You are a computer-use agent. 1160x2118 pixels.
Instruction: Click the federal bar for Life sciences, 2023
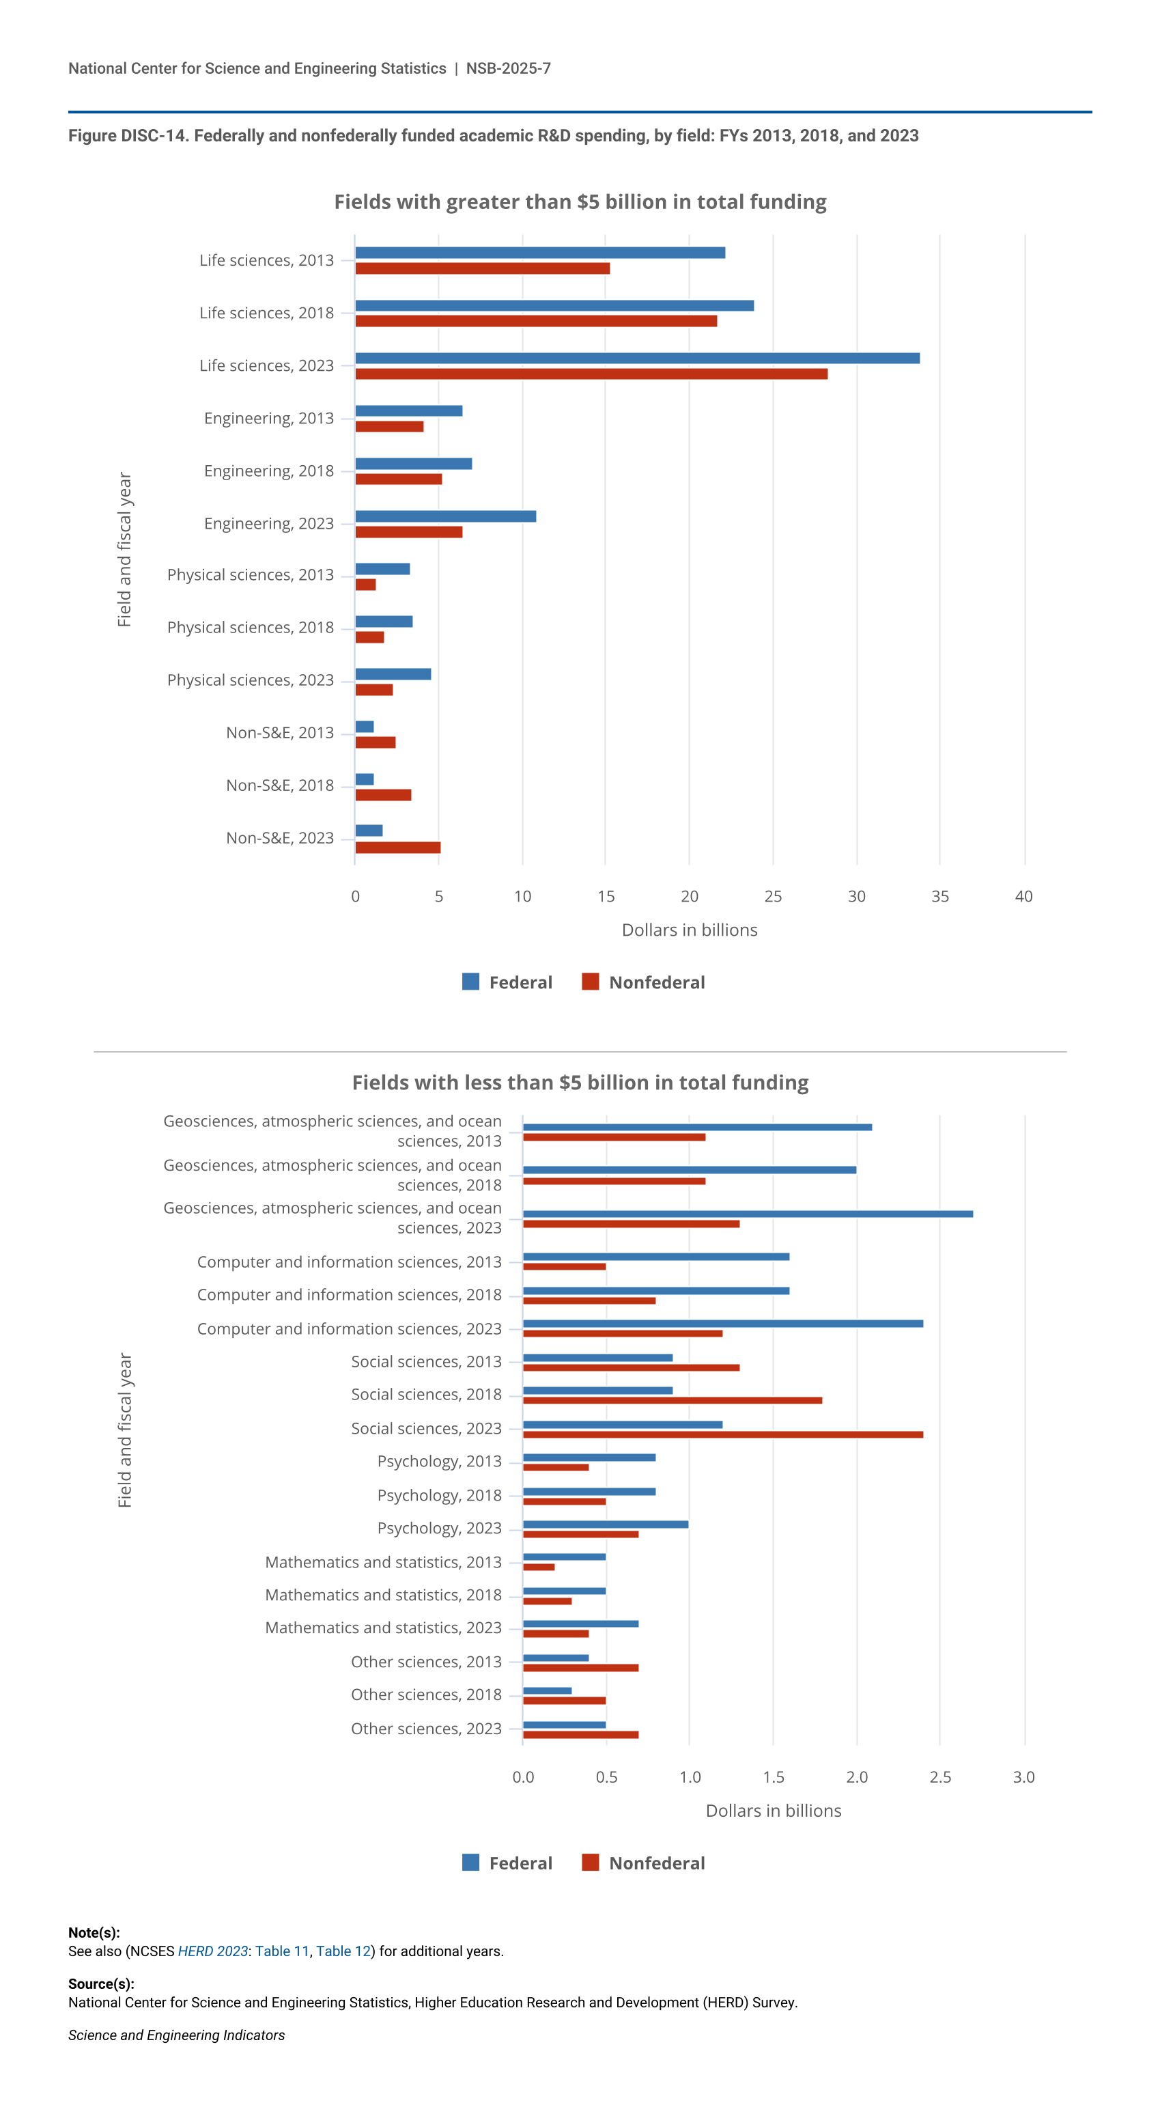click(637, 359)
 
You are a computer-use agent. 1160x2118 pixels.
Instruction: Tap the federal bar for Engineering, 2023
click(446, 516)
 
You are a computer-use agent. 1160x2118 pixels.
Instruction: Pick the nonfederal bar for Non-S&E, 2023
click(398, 848)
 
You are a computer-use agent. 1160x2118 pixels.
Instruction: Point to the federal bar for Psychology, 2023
click(606, 1524)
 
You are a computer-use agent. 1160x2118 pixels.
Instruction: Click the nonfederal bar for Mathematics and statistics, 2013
click(539, 1567)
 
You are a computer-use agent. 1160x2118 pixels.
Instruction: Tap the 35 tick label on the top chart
click(939, 896)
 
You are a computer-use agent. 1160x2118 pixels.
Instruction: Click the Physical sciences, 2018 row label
click(251, 628)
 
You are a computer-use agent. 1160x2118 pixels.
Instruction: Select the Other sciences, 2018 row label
click(426, 1695)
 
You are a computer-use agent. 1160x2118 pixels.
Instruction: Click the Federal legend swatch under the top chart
click(471, 981)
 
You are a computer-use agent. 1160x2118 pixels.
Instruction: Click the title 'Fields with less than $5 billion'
click(580, 1083)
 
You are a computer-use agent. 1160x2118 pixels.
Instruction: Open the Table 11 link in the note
click(282, 1951)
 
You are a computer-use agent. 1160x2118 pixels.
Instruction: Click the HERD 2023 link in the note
click(212, 1951)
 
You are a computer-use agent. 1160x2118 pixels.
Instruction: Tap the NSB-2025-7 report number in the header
click(508, 68)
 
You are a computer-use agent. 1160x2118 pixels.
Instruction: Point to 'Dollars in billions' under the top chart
click(689, 930)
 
